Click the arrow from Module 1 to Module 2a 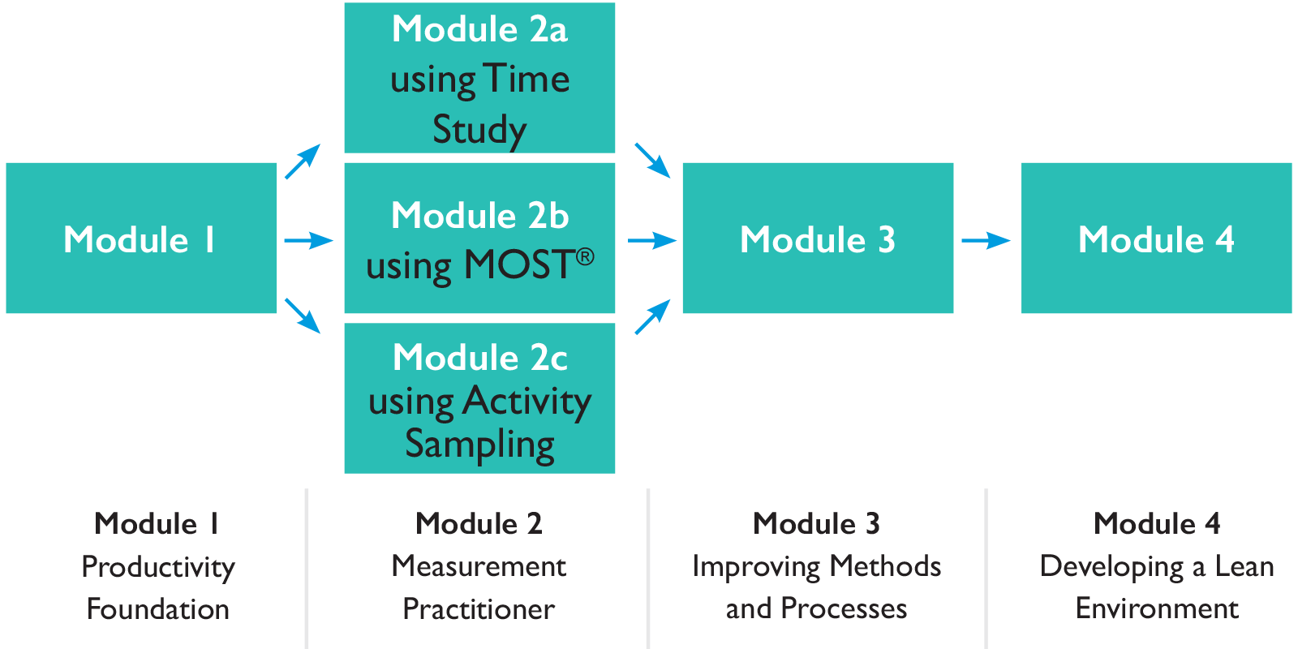pos(303,161)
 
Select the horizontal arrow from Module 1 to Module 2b pos(308,240)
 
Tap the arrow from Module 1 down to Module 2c pos(303,316)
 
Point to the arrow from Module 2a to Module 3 pos(652,160)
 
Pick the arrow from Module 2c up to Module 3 pos(652,316)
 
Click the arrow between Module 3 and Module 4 pos(986,240)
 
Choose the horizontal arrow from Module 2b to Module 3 pos(652,240)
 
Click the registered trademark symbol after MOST pos(585,257)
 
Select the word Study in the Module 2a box pos(479,130)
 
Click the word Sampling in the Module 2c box pos(479,445)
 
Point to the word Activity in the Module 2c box pos(527,401)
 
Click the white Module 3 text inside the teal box pos(818,240)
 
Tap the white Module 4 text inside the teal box pos(1156,240)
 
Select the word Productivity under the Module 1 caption pos(158,567)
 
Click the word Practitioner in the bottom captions pos(479,609)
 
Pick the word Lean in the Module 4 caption pos(1244,566)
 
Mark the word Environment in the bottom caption pos(1157,608)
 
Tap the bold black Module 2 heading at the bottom pos(479,524)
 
